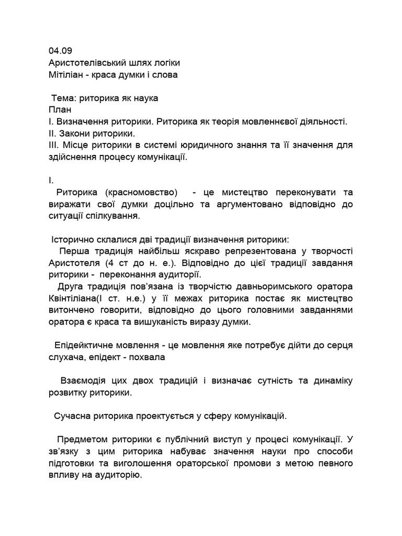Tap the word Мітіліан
pyautogui.click(x=66, y=74)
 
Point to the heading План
pyautogui.click(x=60, y=110)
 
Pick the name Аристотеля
pyautogui.click(x=74, y=263)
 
